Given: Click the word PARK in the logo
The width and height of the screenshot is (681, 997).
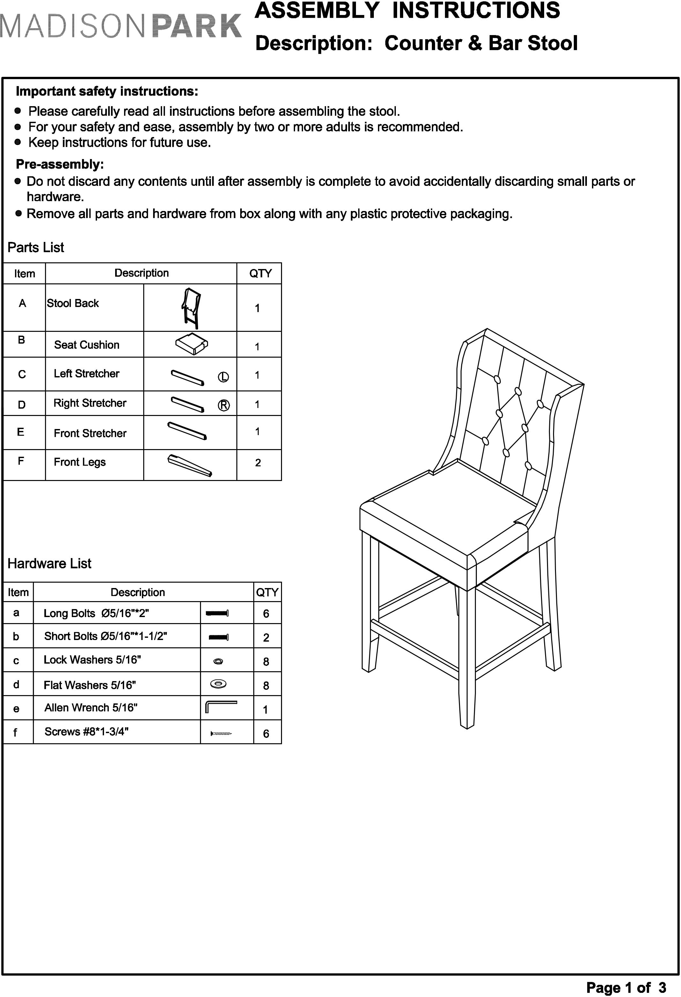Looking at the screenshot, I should pos(197,26).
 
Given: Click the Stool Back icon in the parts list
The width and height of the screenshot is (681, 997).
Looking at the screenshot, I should pos(191,308).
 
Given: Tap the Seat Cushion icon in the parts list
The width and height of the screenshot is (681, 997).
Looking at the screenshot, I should pos(191,344).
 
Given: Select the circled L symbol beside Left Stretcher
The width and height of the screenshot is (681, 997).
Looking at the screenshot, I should pos(223,377).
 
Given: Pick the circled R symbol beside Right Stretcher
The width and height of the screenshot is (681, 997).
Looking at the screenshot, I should pos(224,405).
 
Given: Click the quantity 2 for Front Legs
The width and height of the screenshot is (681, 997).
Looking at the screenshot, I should pos(258,462).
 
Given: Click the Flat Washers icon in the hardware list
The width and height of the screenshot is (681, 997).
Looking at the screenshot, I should pos(218,684).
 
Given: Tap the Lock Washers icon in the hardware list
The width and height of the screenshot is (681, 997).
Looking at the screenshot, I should pos(218,661).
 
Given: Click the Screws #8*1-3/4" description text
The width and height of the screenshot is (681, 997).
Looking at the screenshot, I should pos(86,731).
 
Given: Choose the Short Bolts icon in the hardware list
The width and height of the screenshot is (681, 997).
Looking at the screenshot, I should pos(218,637).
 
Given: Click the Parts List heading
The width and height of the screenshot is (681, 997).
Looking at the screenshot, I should pos(36,248).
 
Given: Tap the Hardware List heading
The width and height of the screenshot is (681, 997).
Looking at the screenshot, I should pos(49,563).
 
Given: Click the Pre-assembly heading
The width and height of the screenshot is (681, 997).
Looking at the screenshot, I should pos(60,164).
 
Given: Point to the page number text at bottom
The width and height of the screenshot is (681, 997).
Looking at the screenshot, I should pos(626,987).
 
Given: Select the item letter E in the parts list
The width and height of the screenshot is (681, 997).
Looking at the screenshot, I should pos(21,432).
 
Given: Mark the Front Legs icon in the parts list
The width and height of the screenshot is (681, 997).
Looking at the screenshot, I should pos(189,465).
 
